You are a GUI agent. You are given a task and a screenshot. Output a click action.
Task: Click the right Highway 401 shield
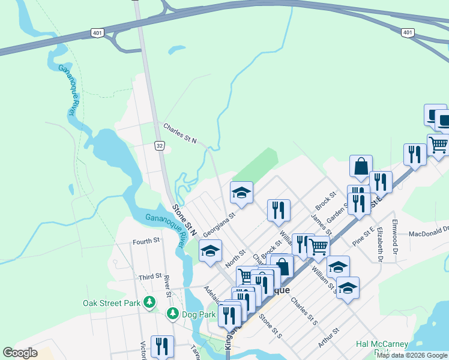(408, 32)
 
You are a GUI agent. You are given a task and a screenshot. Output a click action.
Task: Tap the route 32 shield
(159, 145)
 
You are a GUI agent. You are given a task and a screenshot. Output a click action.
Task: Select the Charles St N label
(180, 133)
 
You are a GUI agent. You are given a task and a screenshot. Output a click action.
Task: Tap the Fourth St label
(146, 241)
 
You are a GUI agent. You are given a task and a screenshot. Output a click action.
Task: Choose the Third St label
(150, 277)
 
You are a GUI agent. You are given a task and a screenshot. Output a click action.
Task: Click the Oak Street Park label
(111, 303)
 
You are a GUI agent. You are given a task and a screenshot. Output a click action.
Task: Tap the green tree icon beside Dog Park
(172, 314)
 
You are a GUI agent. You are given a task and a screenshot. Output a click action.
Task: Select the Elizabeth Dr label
(380, 243)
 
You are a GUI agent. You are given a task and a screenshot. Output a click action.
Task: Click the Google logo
(20, 353)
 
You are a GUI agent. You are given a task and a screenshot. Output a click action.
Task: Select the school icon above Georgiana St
(241, 192)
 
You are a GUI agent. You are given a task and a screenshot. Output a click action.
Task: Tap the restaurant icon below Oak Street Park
(162, 346)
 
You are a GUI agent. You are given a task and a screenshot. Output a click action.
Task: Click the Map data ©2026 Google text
(412, 355)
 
